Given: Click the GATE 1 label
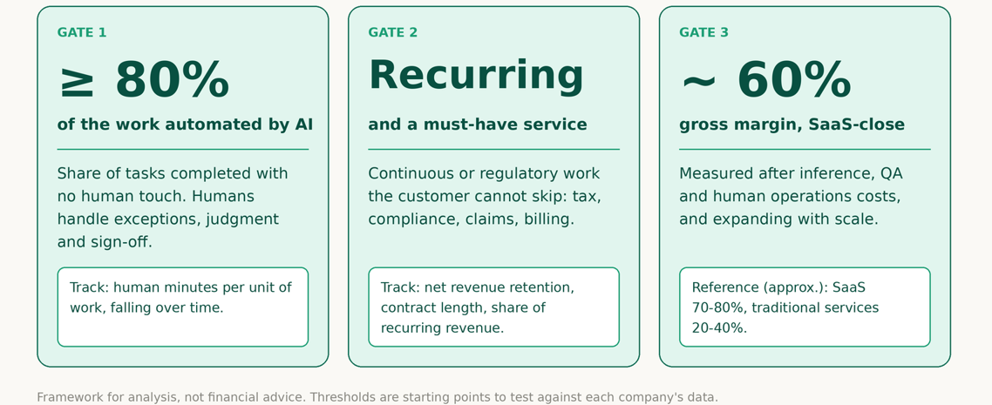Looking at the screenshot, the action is point(82,32).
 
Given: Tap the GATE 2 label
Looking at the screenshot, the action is point(393,32).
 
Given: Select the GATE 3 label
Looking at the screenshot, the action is point(704,32).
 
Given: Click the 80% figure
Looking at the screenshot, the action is point(172,80).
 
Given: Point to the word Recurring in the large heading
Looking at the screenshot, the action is point(476,76).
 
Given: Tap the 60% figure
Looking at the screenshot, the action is point(795,80).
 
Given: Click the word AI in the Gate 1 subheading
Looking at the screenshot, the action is point(303,125).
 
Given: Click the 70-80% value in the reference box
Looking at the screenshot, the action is point(717,307).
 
